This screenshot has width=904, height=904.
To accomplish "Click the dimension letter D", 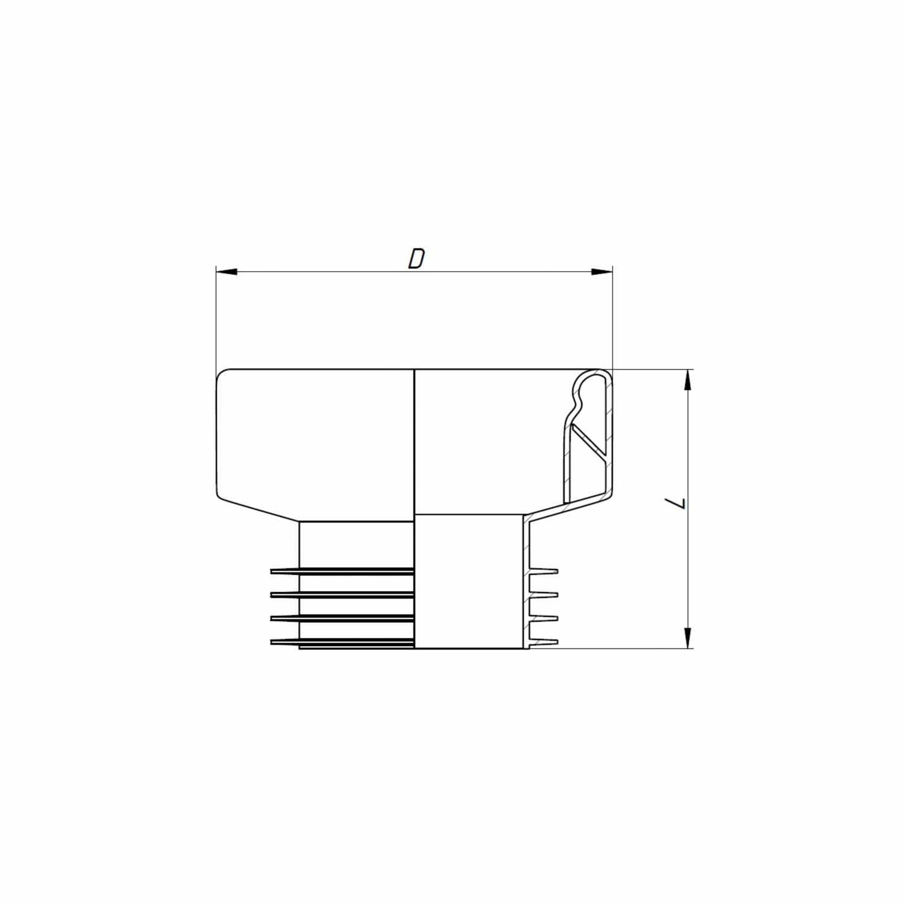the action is [x=416, y=259].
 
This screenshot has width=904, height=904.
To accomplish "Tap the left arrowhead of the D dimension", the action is [x=225, y=272].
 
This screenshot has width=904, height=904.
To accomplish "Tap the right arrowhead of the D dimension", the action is [x=602, y=272].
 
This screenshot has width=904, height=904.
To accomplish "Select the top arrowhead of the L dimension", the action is [x=687, y=380].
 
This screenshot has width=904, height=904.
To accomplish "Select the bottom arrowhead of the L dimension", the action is [x=687, y=638].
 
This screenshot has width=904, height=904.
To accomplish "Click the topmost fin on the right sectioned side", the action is [x=544, y=571].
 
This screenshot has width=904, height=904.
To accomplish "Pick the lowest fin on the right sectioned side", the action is [x=544, y=641].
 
